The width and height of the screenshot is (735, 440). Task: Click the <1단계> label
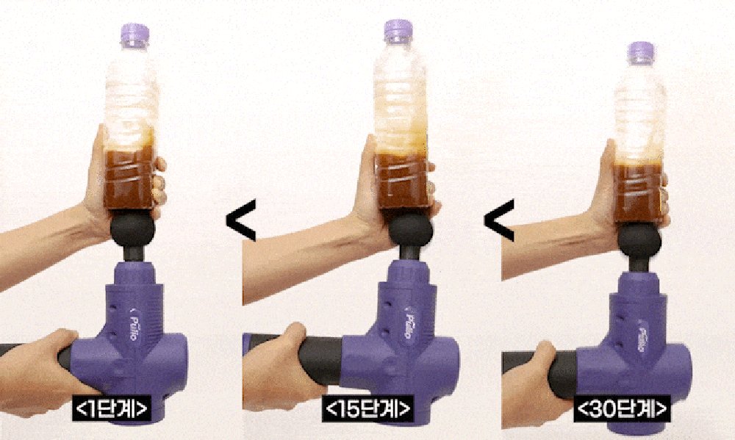click(x=111, y=408)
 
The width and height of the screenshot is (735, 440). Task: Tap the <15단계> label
click(x=368, y=408)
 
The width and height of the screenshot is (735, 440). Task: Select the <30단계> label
click(x=622, y=408)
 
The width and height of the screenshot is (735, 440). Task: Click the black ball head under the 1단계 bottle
click(x=132, y=228)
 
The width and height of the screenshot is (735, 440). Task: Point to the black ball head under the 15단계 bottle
click(x=411, y=228)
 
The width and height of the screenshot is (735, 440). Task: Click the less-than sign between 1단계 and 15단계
click(x=241, y=220)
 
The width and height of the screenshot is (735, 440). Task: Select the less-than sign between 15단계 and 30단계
click(x=499, y=220)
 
